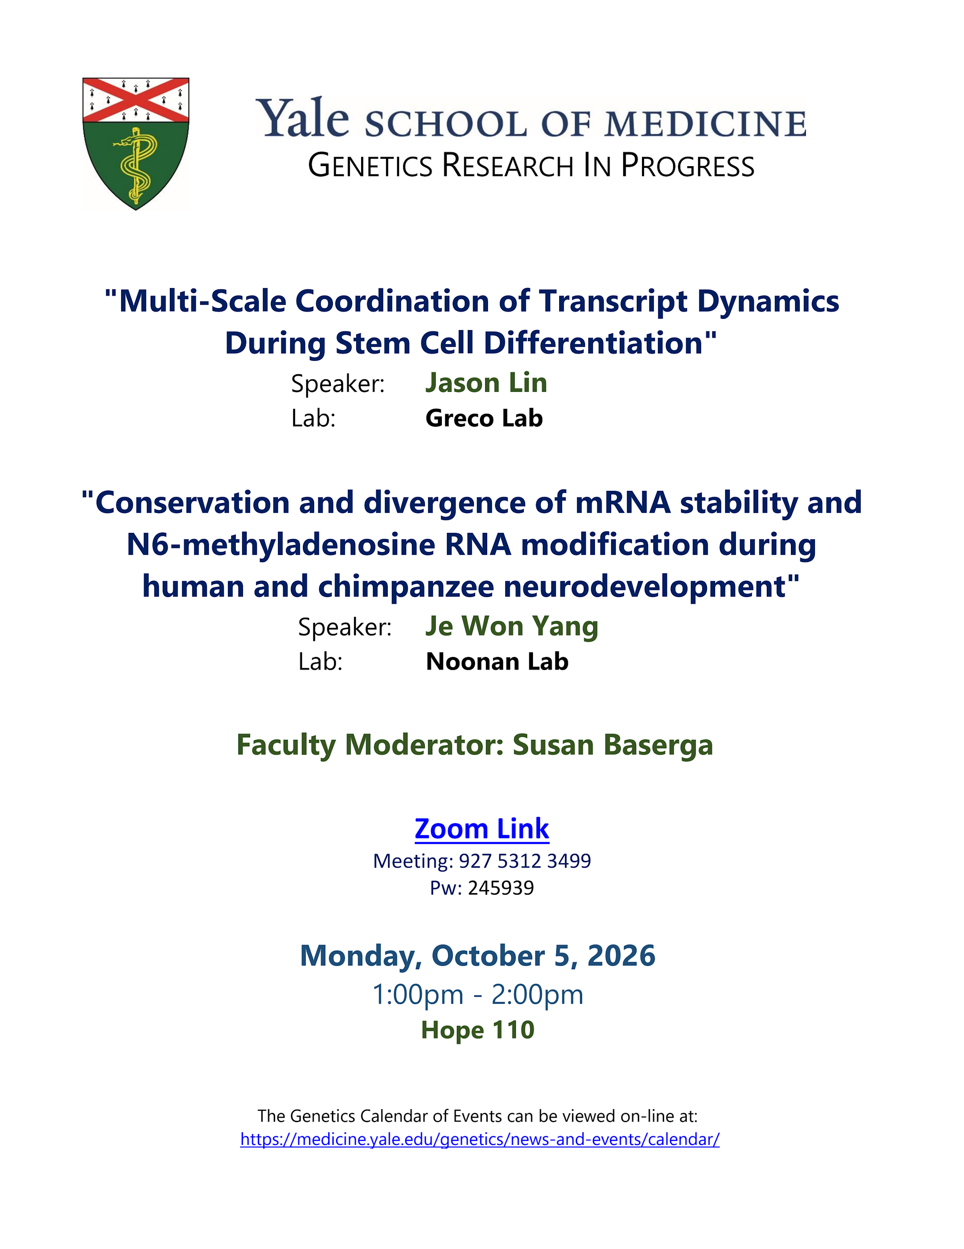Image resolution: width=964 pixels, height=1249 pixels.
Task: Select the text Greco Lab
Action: click(484, 418)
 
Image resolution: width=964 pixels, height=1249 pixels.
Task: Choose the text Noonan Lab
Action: click(497, 662)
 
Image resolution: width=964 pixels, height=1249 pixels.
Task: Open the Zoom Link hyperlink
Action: click(482, 829)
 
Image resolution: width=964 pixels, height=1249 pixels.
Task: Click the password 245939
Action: click(501, 888)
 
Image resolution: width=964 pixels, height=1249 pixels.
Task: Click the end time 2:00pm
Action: click(537, 995)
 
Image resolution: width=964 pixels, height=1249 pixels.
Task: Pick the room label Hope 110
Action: click(478, 1030)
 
